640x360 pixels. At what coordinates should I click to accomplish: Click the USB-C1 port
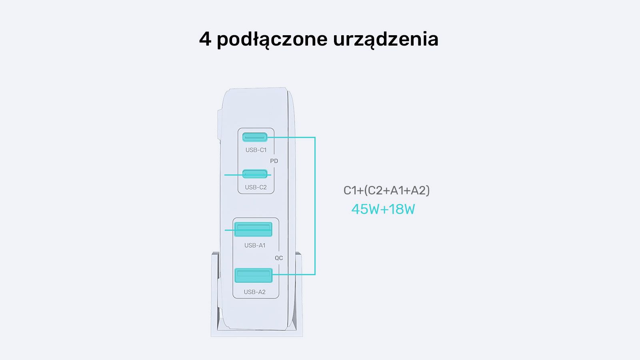click(x=255, y=137)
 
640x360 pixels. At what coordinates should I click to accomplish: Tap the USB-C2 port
click(x=255, y=174)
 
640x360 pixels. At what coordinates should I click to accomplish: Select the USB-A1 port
click(x=253, y=229)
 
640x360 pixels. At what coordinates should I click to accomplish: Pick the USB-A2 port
click(x=254, y=276)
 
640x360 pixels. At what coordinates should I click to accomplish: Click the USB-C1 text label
click(x=256, y=150)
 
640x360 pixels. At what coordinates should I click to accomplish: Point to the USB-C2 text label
click(x=256, y=188)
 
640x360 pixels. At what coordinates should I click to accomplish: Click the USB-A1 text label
click(x=255, y=246)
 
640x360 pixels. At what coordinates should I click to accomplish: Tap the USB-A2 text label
click(x=254, y=292)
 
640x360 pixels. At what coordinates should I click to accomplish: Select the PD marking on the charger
click(x=274, y=161)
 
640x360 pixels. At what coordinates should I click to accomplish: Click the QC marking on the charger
click(x=279, y=258)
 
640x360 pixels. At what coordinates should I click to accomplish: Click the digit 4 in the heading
click(x=205, y=39)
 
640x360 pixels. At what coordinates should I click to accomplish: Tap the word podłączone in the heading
click(x=272, y=40)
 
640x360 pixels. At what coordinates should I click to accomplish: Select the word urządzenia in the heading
click(x=386, y=40)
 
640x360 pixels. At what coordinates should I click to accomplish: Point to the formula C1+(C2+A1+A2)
click(x=386, y=190)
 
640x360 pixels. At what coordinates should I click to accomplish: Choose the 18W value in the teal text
click(x=402, y=209)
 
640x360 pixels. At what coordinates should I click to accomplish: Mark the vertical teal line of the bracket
click(x=315, y=206)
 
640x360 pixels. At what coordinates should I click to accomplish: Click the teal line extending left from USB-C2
click(x=248, y=175)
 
